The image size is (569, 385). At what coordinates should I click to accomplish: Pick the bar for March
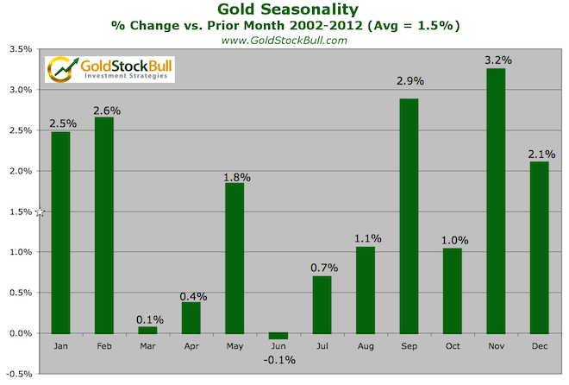(148, 330)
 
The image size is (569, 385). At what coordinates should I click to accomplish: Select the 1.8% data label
(236, 177)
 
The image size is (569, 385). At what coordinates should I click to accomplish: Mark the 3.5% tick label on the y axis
(20, 49)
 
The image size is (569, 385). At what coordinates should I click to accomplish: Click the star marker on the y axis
(40, 211)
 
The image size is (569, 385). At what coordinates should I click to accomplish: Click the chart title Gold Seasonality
(284, 9)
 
